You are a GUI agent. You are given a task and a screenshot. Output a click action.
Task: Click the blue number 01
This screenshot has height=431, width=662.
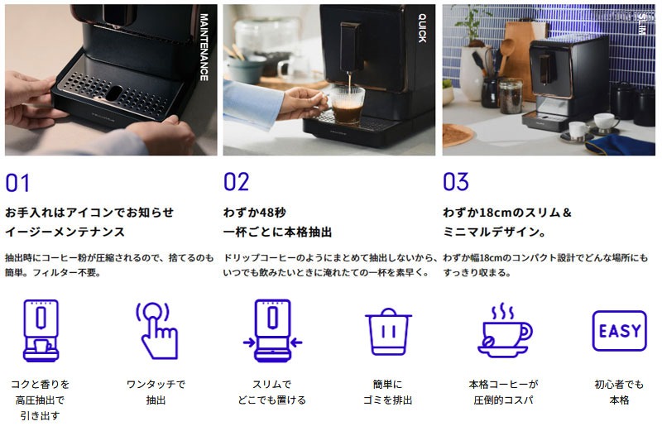coord(17,183)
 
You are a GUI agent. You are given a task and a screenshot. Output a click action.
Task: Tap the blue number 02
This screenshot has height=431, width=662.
coord(236,182)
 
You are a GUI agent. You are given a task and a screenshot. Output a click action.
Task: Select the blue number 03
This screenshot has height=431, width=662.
coord(456,181)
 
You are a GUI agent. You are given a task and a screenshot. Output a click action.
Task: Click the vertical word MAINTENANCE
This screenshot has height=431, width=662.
coord(204,47)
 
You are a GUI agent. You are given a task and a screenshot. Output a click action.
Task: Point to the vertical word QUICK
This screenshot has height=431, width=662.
coord(422,28)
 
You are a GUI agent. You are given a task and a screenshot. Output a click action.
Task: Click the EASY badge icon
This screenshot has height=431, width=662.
coord(619,331)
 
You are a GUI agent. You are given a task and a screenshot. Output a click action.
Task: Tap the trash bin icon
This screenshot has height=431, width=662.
coord(388,332)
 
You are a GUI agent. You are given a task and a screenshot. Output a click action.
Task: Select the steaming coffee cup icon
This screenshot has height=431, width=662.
coord(505,330)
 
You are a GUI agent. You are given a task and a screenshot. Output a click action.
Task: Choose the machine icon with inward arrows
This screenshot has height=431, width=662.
coord(273,331)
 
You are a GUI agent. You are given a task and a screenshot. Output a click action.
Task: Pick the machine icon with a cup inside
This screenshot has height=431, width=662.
coord(41,331)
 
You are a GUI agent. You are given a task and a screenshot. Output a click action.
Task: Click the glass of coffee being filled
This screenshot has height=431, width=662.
coord(346,105)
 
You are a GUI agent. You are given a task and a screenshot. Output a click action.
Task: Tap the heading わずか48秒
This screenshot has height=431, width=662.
coord(255,213)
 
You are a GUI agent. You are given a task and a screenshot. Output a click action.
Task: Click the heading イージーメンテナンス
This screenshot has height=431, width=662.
coord(65,232)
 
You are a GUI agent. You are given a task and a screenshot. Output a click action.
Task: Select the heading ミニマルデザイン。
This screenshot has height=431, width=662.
coord(494,232)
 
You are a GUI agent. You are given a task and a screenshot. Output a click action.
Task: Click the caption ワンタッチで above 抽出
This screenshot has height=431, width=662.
coord(156,384)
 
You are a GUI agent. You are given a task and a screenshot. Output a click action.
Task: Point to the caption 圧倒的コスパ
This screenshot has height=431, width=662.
coord(503,400)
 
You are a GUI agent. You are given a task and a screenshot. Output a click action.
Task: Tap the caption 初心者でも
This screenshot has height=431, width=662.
coord(619,384)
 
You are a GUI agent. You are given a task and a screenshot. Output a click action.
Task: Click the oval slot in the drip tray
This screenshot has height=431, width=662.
coord(113,93)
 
